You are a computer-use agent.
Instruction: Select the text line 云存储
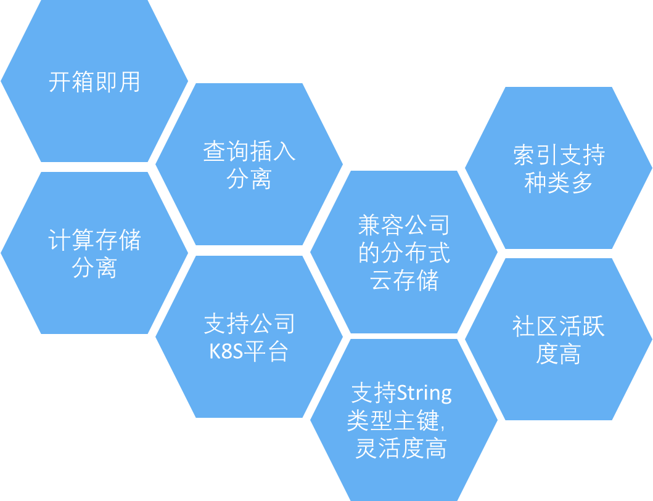404,280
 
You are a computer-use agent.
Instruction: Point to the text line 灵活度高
401,449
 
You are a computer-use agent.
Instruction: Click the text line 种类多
559,183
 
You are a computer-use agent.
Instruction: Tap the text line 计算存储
94,240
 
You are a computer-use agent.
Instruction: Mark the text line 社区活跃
559,327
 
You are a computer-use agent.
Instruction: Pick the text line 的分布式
404,253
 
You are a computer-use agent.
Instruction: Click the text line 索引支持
559,155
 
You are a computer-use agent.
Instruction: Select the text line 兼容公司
404,226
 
